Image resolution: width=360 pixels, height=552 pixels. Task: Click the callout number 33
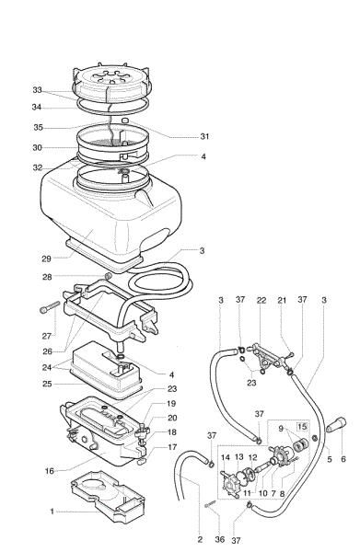coord(37,90)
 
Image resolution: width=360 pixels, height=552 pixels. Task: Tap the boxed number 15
coord(302,427)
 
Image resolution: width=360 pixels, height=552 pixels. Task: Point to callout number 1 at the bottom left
coord(53,512)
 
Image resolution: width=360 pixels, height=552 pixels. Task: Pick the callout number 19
coord(170,404)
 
